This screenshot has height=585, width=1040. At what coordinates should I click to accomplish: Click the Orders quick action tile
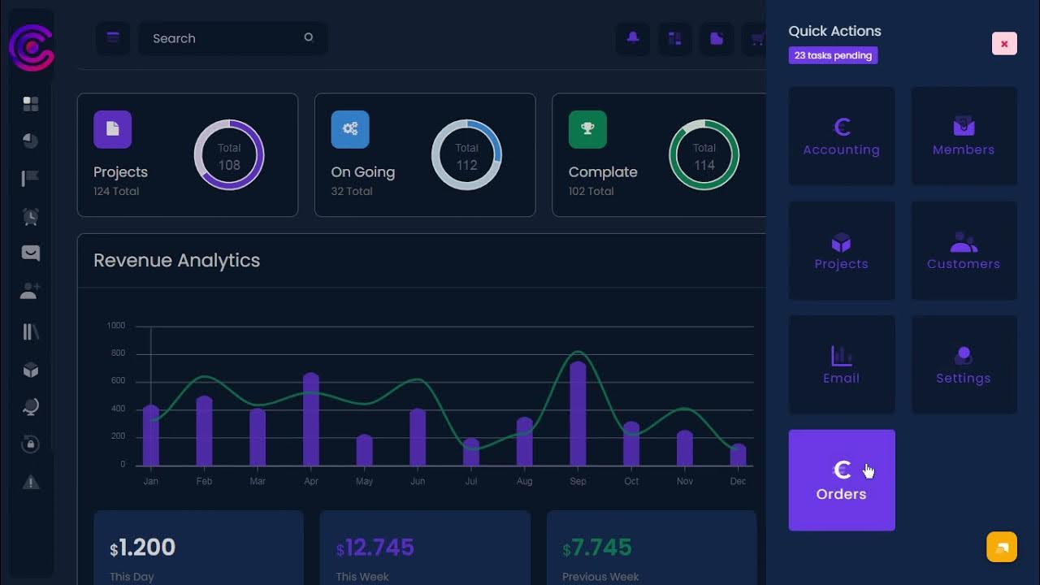[841, 480]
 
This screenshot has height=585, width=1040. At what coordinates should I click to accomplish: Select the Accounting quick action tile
[841, 136]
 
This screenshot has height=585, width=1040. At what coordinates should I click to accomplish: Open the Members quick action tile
[964, 136]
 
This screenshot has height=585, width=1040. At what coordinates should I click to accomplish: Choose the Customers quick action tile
[964, 251]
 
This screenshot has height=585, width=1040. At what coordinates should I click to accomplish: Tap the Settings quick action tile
[964, 366]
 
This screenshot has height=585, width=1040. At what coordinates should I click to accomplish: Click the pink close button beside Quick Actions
[1004, 44]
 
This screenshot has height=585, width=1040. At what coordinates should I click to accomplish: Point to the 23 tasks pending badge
[833, 55]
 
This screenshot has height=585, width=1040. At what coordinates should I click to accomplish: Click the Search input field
[223, 38]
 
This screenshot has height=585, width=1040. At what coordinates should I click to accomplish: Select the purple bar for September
[578, 414]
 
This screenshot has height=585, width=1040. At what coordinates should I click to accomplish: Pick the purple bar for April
[310, 420]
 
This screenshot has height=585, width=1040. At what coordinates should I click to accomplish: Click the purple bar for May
[364, 450]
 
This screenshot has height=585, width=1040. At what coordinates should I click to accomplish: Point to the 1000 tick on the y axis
[116, 326]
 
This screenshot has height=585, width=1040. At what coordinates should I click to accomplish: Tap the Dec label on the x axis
[738, 481]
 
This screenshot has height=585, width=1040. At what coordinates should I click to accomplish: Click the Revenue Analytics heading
[177, 261]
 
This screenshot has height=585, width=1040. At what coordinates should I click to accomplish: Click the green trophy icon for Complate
[587, 129]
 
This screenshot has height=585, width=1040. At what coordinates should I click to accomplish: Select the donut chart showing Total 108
[229, 154]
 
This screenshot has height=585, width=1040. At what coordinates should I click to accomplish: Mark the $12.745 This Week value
[375, 548]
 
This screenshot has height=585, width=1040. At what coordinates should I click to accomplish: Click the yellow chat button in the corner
[1002, 547]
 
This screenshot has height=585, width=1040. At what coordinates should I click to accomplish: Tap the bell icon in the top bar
[632, 37]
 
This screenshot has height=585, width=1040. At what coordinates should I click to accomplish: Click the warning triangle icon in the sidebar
[31, 483]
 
